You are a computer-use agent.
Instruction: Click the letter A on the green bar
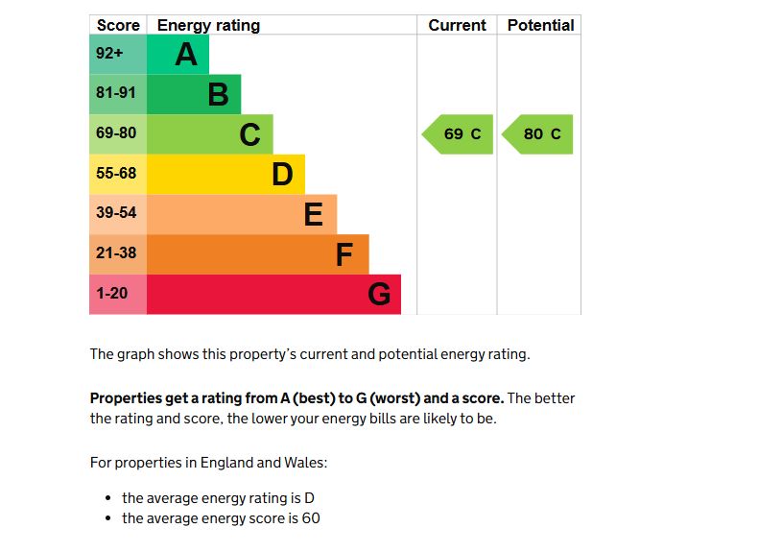click(186, 55)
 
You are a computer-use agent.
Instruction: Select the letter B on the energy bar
click(218, 95)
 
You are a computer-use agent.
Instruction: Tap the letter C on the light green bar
click(249, 135)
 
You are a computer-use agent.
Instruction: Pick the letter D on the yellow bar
click(281, 175)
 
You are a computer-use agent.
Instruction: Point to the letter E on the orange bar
click(313, 215)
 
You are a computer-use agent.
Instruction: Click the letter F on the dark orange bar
click(344, 255)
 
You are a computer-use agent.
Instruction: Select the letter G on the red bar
click(379, 295)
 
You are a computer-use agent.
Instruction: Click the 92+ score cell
click(109, 54)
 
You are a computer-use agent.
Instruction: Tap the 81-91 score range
click(116, 94)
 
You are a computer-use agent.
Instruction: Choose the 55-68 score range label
click(116, 174)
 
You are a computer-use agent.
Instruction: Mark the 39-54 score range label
click(116, 213)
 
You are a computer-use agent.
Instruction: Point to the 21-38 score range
click(116, 253)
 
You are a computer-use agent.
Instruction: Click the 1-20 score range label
click(112, 294)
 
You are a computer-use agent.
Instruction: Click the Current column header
click(457, 25)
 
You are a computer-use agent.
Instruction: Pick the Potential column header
click(540, 25)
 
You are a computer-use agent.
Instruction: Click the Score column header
click(118, 25)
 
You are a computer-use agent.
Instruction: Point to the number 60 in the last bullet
click(310, 518)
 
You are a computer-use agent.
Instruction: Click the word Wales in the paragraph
click(304, 463)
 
